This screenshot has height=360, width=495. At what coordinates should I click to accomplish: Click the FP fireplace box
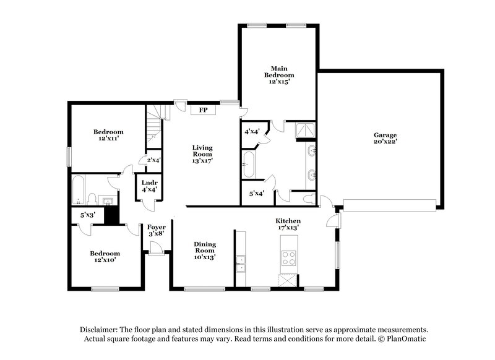(x=203, y=110)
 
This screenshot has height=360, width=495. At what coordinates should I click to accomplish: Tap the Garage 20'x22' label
(x=384, y=138)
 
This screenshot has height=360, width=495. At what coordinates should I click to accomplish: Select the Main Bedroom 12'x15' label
(x=278, y=74)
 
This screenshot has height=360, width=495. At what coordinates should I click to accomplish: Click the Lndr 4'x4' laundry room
(x=148, y=186)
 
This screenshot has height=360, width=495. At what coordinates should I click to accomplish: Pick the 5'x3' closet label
(x=87, y=215)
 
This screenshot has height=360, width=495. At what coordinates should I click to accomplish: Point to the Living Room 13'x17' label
(x=202, y=153)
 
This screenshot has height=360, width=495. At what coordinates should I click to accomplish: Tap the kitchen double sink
(x=240, y=264)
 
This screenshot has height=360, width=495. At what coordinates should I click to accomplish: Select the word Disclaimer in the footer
(x=101, y=330)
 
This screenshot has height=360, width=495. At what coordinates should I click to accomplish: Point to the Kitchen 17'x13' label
(x=288, y=224)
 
